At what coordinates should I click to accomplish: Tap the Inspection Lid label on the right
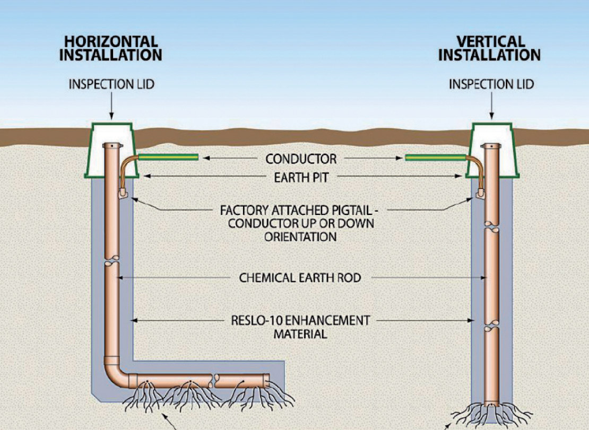click(491, 84)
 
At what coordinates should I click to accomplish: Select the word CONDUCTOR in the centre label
click(301, 159)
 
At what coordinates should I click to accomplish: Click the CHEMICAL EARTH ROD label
click(300, 278)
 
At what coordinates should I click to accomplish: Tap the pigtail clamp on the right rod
click(482, 193)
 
